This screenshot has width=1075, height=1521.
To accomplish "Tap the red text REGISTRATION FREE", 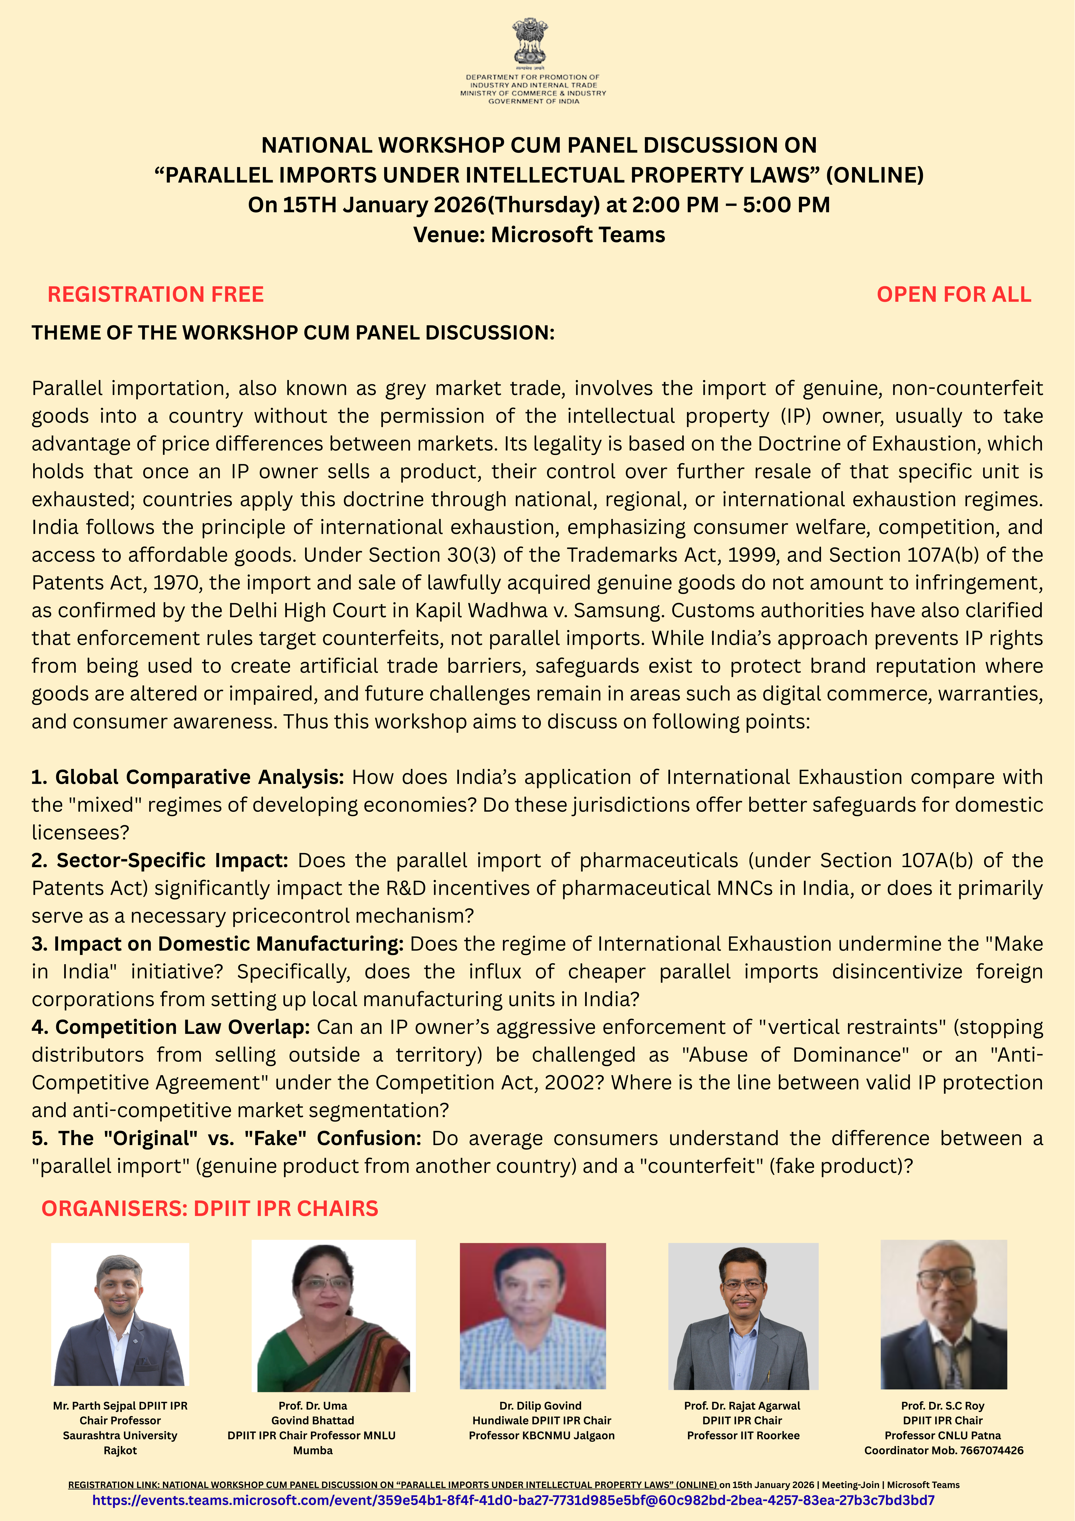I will pyautogui.click(x=156, y=294).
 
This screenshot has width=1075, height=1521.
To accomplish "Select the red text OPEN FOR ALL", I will pyautogui.click(x=954, y=294).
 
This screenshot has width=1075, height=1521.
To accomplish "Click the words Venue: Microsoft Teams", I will pyautogui.click(x=539, y=235).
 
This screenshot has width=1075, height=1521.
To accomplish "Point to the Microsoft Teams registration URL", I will pyautogui.click(x=513, y=1500).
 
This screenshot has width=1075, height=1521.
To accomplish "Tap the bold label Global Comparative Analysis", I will pyautogui.click(x=199, y=777).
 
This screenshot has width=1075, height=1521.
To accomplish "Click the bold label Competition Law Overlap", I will pyautogui.click(x=182, y=1027).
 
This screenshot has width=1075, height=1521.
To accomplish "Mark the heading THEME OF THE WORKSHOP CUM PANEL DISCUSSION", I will pyautogui.click(x=293, y=333).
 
